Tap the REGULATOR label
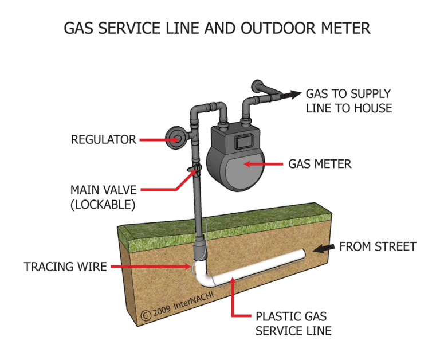[103, 139]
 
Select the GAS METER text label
[320, 165]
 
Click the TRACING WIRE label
[65, 267]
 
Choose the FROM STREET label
[378, 247]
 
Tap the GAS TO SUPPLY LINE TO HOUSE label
[348, 101]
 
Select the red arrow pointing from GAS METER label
[264, 164]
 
